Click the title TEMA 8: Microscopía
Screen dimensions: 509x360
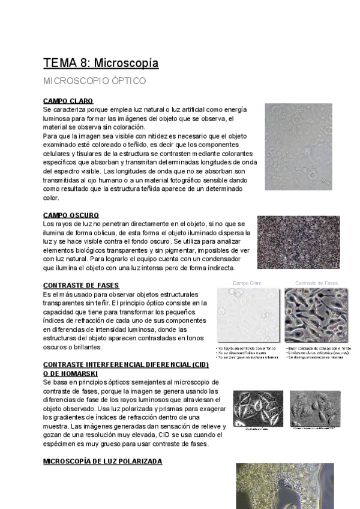tap(101, 63)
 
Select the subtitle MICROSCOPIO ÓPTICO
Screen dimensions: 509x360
tap(94, 80)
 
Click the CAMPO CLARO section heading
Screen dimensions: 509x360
tap(68, 101)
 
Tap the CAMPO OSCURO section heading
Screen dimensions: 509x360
tap(71, 215)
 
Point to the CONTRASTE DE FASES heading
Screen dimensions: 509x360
tap(81, 285)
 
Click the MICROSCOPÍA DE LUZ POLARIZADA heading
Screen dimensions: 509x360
tap(103, 461)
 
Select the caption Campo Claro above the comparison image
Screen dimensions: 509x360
tap(247, 282)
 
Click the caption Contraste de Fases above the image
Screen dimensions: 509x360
tap(316, 282)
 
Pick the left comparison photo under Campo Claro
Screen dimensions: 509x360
tap(247, 316)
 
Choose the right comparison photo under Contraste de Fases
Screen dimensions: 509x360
tap(316, 316)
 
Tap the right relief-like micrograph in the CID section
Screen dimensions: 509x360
tap(315, 408)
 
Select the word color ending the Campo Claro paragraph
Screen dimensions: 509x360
tap(51, 197)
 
